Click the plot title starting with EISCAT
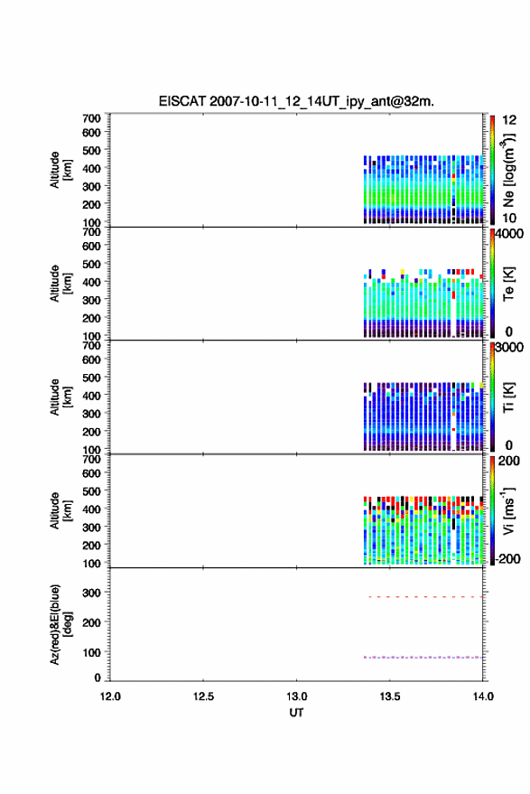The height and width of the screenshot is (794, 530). (296, 101)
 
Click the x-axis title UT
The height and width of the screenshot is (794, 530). (296, 713)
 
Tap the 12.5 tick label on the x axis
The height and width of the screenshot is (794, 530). (203, 696)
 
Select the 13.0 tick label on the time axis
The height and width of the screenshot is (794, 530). (296, 696)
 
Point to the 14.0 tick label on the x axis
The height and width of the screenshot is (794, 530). (483, 696)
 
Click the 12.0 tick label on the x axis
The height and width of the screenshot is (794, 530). (110, 696)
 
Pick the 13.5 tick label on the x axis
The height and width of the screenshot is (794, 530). (390, 696)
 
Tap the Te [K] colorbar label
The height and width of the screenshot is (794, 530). (508, 284)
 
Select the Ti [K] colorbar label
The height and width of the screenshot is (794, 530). (508, 397)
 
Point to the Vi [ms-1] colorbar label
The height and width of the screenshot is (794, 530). (508, 510)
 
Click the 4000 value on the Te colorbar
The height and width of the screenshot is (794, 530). (509, 234)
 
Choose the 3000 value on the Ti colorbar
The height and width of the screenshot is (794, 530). (509, 348)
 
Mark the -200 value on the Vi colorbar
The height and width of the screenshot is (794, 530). (507, 558)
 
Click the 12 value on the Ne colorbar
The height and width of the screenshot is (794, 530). (509, 120)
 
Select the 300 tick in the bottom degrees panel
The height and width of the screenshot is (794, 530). (91, 593)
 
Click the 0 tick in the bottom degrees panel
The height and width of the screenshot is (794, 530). (98, 677)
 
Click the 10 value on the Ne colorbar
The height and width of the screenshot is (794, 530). (509, 219)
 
